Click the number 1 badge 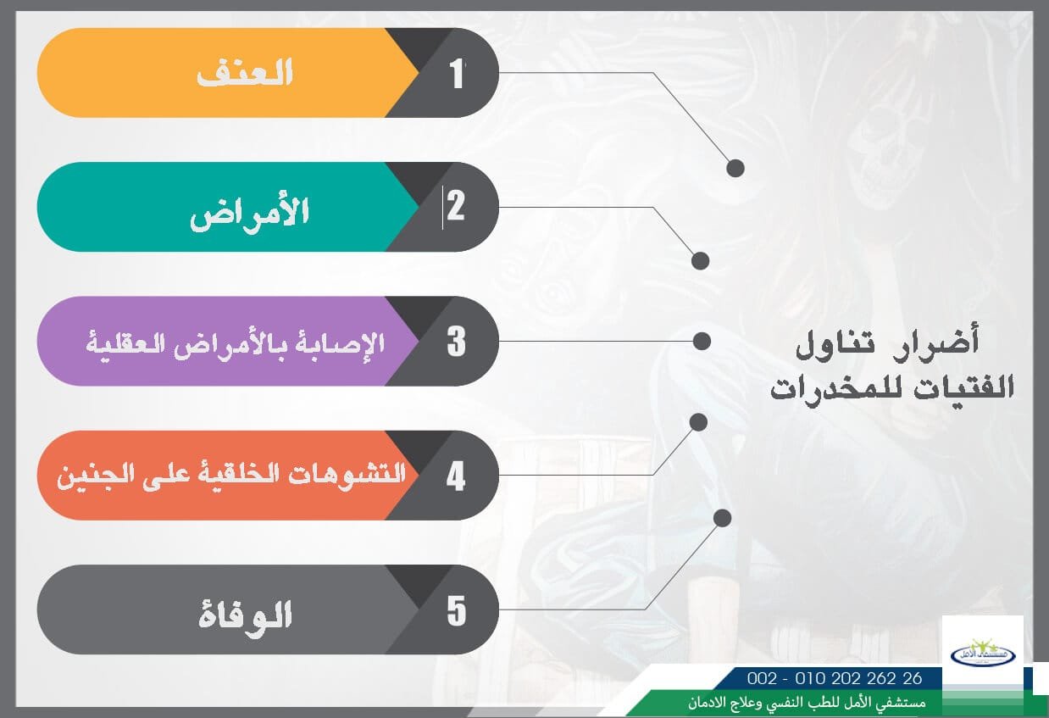coord(458,73)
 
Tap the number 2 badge coord(456,206)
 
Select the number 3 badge coord(456,341)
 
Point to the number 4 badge coord(456,476)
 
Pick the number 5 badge coord(456,610)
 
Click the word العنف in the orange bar coord(245,73)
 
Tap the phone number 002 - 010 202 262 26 coord(835,678)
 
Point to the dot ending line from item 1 coord(735,168)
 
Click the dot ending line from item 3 coord(702,341)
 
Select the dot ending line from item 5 coord(723,517)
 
